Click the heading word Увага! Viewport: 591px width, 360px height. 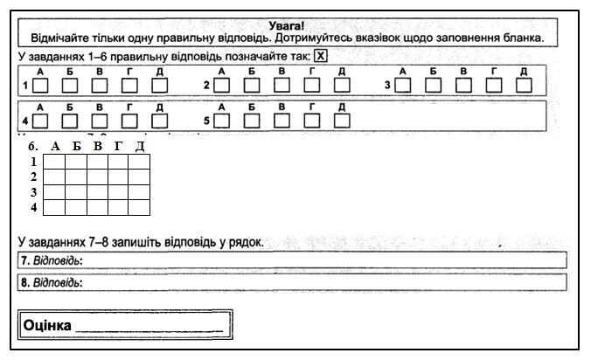point(286,26)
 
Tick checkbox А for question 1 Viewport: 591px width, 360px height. point(40,86)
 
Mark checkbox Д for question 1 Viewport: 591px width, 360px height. point(160,86)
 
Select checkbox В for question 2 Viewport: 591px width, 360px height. point(282,85)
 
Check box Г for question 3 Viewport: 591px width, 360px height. point(494,85)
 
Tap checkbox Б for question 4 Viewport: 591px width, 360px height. point(70,121)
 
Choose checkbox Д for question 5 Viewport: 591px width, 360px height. point(342,121)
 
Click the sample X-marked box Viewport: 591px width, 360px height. point(320,56)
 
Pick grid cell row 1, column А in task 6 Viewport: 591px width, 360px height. point(54,162)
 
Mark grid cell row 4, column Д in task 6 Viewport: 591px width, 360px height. point(139,207)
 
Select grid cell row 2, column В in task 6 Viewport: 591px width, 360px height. point(98,177)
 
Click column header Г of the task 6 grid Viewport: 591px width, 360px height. point(118,146)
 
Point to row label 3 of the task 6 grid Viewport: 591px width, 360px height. point(33,192)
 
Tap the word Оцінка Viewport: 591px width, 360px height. point(47,325)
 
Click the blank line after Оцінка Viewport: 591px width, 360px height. point(149,331)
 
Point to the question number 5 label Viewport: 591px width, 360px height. point(206,121)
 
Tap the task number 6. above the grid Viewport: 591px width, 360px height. point(33,146)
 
